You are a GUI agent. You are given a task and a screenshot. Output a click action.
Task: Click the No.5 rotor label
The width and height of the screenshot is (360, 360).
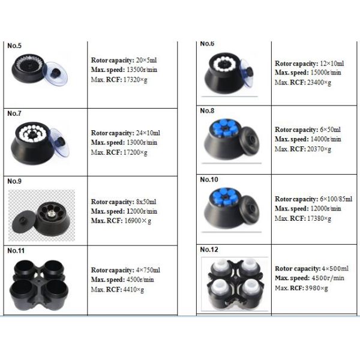click(14, 45)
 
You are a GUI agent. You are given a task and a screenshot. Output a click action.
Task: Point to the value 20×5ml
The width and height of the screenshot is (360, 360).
click(146, 61)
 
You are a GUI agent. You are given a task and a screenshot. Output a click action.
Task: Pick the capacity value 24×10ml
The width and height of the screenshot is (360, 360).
click(146, 132)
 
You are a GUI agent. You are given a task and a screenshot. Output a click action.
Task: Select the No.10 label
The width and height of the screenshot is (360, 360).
click(209, 179)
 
